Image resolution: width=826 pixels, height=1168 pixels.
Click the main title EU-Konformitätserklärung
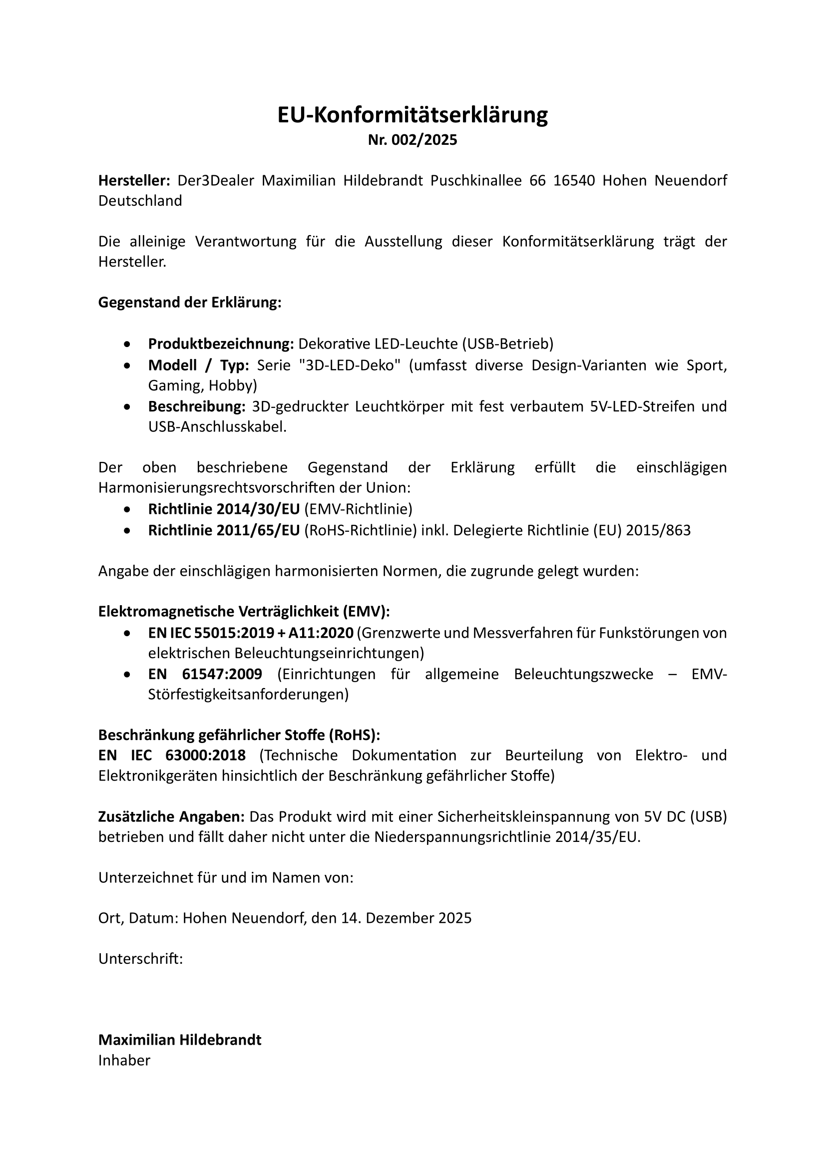[413, 115]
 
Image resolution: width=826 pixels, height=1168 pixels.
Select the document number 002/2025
[424, 140]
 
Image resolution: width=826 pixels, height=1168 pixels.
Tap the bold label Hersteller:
[134, 181]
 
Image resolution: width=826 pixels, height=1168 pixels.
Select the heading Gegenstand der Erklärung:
[190, 303]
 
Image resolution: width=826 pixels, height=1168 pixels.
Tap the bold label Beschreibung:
[197, 406]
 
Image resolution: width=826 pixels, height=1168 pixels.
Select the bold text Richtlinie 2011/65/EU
[224, 531]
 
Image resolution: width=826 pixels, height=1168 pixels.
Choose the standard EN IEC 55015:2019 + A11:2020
[251, 633]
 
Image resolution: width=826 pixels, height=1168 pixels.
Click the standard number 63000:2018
[205, 756]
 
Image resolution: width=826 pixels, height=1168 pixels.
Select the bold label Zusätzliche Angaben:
[171, 816]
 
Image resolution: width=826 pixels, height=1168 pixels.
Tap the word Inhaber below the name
[124, 1061]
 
